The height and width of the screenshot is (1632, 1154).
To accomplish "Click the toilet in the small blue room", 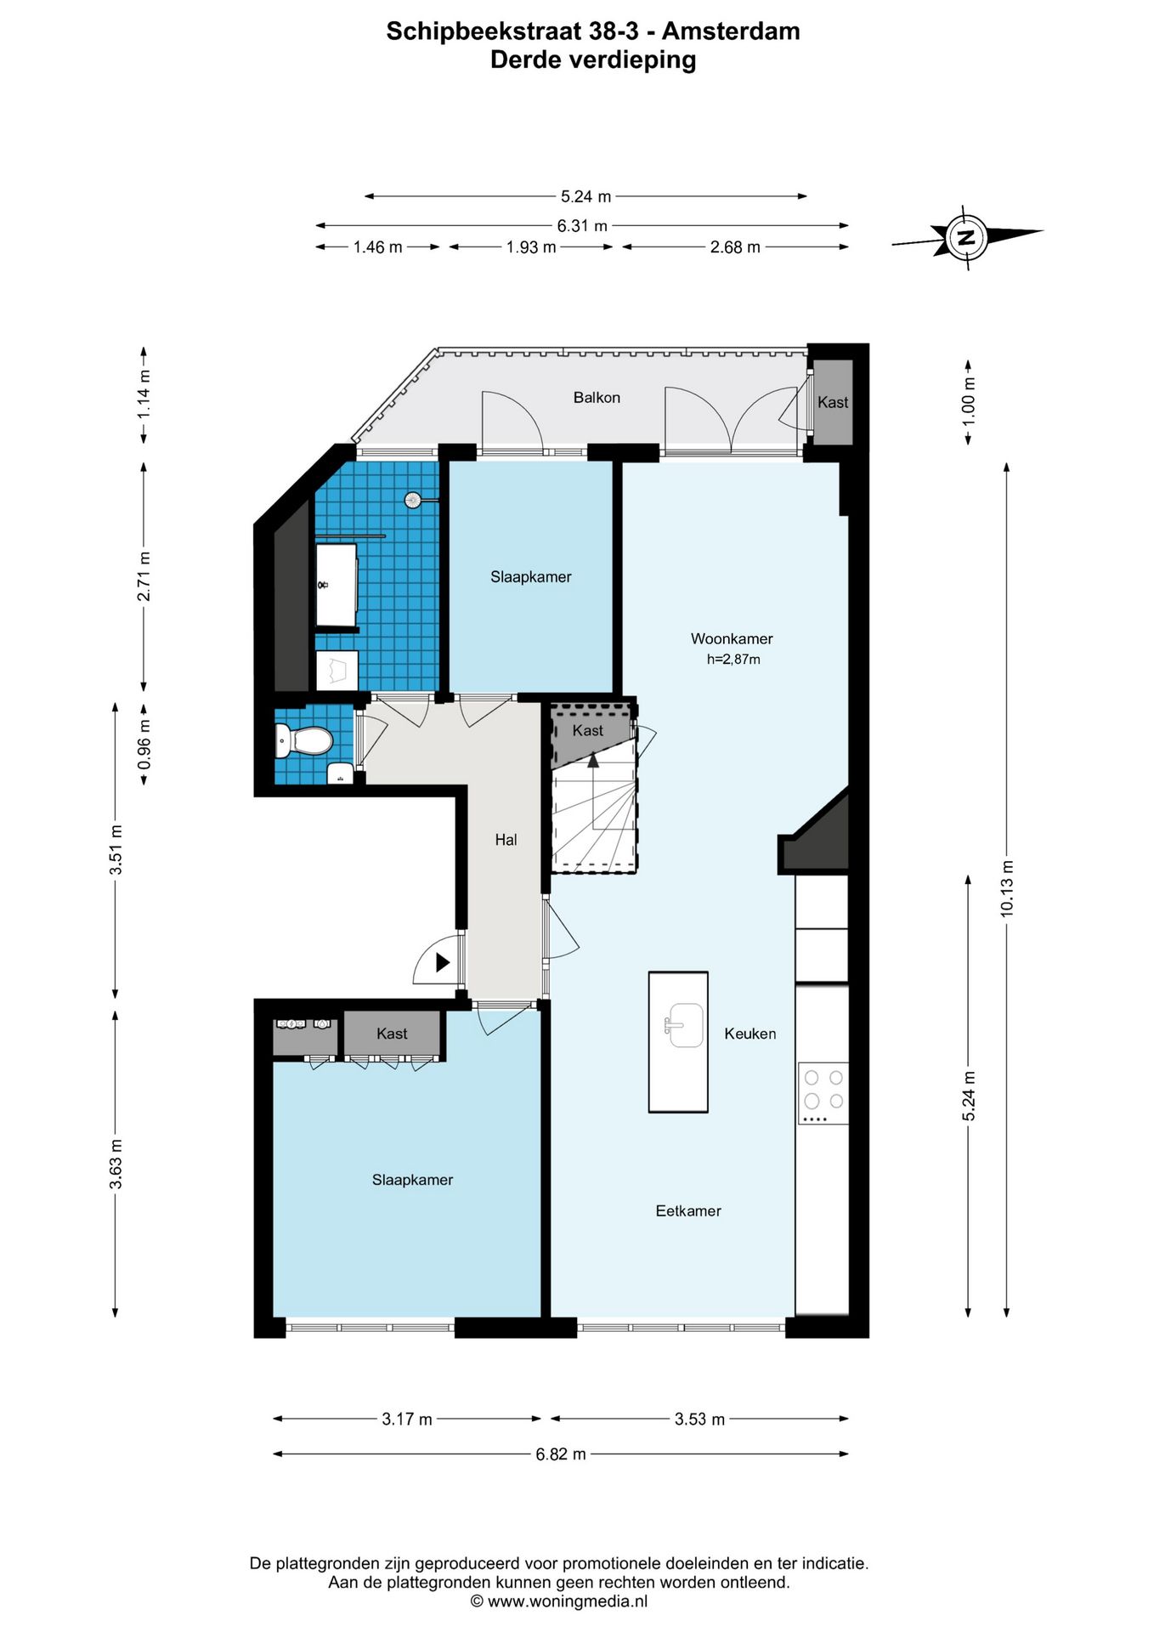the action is [x=303, y=739].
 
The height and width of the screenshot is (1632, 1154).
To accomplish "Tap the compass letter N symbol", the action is [x=966, y=237].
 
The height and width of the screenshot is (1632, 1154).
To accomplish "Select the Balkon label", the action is [x=597, y=397].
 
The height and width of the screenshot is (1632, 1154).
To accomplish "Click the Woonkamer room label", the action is [x=732, y=638].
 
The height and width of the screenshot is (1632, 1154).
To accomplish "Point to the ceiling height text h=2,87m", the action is [x=733, y=659].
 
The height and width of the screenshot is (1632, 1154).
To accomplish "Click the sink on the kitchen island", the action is [x=684, y=1025].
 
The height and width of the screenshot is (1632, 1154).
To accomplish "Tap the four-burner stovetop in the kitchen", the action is [x=823, y=1093].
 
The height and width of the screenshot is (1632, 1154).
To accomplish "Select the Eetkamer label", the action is [x=688, y=1210].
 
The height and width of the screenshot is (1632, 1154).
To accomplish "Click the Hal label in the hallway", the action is [x=506, y=840].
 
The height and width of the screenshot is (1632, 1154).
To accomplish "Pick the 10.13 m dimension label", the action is [x=1007, y=888].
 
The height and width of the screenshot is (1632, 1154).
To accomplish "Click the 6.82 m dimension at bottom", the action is [x=561, y=1453].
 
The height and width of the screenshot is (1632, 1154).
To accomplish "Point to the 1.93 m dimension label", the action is [x=531, y=247].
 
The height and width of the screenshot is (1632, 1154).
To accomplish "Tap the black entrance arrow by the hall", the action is [x=443, y=962].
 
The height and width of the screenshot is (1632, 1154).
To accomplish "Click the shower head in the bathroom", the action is [x=413, y=500].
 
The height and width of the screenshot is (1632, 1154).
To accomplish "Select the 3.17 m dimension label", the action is [x=407, y=1419].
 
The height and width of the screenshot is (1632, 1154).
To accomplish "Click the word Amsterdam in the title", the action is [x=731, y=31].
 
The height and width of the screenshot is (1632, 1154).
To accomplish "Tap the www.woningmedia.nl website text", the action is [x=568, y=1601].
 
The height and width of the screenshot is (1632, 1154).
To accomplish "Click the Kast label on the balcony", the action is [x=833, y=402].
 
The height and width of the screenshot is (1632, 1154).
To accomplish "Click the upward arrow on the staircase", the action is [x=593, y=759].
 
